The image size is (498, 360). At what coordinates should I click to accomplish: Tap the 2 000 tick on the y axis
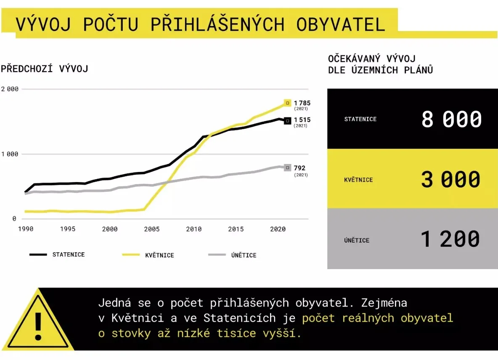(10, 89)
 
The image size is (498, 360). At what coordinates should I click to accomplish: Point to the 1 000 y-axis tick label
(10, 154)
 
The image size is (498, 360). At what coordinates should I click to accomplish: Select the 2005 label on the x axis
(152, 229)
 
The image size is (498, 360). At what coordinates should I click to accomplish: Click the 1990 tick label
(26, 229)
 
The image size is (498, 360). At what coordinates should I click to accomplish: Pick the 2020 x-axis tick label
(278, 229)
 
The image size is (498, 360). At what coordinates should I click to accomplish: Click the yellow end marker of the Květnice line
(287, 103)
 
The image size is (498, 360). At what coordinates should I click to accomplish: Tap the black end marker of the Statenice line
(287, 121)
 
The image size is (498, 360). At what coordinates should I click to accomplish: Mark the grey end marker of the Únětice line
(287, 168)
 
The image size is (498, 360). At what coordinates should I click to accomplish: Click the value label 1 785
(302, 103)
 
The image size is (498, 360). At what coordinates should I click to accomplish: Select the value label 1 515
(302, 120)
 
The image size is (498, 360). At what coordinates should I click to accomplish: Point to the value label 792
(299, 168)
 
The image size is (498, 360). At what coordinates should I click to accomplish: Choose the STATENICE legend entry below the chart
(57, 254)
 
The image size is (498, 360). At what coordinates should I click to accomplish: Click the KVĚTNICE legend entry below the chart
(148, 255)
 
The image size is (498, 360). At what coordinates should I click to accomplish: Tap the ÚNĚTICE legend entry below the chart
(232, 255)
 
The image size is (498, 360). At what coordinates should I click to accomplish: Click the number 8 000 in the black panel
(451, 119)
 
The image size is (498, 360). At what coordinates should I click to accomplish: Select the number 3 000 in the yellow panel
(450, 179)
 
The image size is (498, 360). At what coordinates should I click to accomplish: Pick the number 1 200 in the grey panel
(450, 239)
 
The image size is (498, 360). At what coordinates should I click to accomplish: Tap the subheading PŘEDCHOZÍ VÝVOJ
(45, 69)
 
